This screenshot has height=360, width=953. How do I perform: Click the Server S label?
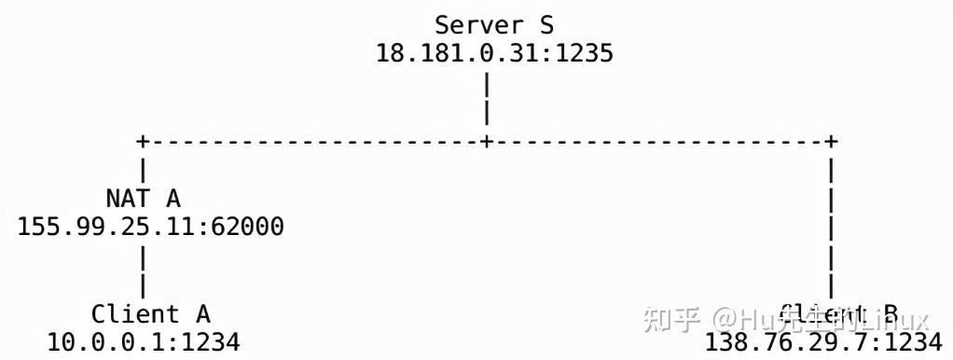coord(494,23)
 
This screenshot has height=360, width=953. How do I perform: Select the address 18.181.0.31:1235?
coord(494,52)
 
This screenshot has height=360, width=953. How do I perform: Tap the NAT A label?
coord(143,199)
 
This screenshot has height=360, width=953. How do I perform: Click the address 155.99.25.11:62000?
coord(151,227)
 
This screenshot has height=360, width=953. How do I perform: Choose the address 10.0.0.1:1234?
coord(144,342)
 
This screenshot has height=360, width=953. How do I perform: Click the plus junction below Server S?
coord(487,141)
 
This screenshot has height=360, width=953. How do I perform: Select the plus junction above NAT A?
coord(143,141)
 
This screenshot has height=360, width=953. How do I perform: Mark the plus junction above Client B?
coord(831,141)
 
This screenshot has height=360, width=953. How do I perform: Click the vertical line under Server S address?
coord(487,98)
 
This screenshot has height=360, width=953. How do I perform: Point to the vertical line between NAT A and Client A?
coord(143,270)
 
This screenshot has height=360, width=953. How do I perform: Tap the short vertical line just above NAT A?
coord(143,170)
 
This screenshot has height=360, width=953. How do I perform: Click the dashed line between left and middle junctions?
coord(314,141)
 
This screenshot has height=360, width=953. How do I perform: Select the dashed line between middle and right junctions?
coord(658,141)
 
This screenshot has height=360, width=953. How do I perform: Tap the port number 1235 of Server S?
coord(585,52)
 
